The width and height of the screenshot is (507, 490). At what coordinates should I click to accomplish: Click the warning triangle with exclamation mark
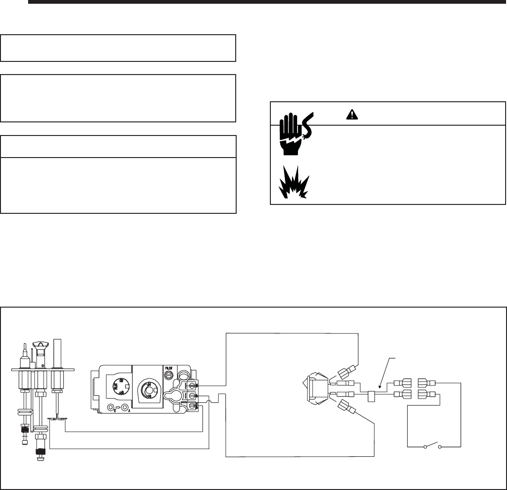coord(351,113)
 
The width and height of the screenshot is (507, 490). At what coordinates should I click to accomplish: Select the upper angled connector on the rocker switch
coord(344,373)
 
